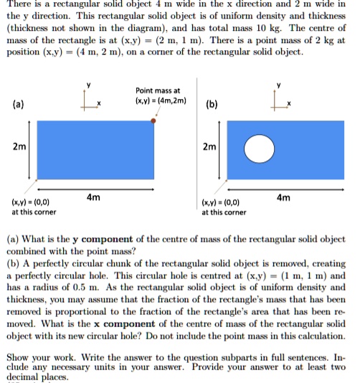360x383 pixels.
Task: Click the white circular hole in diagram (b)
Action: click(259, 148)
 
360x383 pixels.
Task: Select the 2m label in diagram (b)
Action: click(209, 147)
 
